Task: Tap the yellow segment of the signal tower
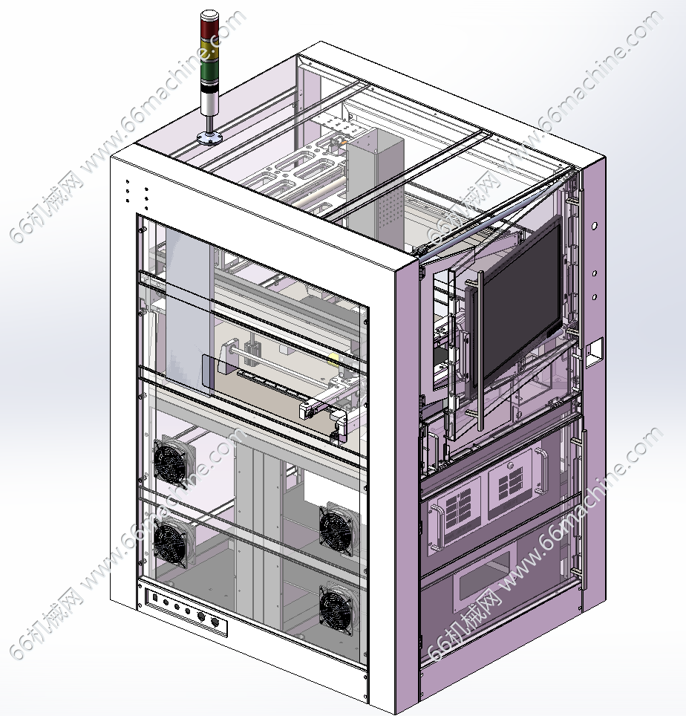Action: pyautogui.click(x=209, y=48)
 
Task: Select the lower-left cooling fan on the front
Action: pyautogui.click(x=171, y=541)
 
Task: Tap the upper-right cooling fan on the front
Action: pyautogui.click(x=337, y=529)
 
